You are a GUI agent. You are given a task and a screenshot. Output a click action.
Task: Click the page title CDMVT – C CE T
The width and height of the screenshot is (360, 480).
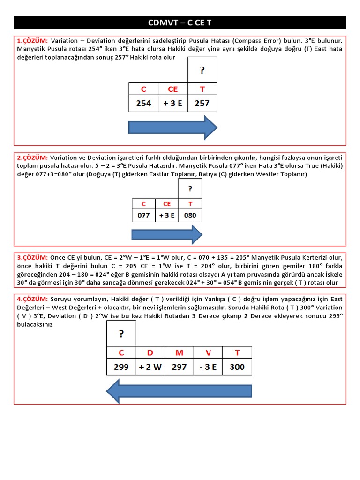tap(180, 22)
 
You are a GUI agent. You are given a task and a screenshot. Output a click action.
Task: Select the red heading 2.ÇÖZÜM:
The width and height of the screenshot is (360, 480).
tap(32, 157)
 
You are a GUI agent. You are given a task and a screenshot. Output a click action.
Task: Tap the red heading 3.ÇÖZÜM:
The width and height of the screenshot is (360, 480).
tap(32, 257)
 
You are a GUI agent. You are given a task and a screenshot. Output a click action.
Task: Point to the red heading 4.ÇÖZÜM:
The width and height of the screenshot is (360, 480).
tap(32, 299)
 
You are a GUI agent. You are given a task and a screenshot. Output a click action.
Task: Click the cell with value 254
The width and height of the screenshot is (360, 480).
tap(143, 103)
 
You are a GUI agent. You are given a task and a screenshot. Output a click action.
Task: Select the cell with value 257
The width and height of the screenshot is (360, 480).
tap(202, 103)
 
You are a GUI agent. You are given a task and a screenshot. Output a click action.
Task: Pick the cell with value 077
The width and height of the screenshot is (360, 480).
tap(143, 215)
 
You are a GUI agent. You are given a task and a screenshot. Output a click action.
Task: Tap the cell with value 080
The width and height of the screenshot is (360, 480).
tap(190, 215)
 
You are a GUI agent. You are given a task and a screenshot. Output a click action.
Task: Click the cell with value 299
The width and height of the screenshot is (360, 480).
tap(121, 367)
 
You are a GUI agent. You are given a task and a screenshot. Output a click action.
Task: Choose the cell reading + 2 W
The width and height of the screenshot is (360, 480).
tap(150, 367)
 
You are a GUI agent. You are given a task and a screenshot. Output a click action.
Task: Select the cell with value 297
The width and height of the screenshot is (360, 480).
tap(179, 367)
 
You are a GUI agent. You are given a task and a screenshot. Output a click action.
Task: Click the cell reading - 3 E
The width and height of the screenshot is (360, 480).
tap(208, 367)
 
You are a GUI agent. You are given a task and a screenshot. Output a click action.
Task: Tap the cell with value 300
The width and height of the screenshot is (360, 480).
tap(237, 367)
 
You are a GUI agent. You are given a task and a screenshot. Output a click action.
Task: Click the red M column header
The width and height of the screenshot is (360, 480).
tap(179, 352)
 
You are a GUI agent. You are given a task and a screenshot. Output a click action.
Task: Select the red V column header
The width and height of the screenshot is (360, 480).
tap(208, 352)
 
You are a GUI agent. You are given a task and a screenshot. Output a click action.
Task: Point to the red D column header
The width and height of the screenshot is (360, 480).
tap(150, 352)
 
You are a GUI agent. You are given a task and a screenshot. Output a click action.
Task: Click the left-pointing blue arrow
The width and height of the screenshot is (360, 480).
tap(179, 391)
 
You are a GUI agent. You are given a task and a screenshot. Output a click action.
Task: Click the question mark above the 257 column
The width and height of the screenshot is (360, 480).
tap(202, 70)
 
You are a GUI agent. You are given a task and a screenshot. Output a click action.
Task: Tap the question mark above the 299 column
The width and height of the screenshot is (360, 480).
tap(121, 334)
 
